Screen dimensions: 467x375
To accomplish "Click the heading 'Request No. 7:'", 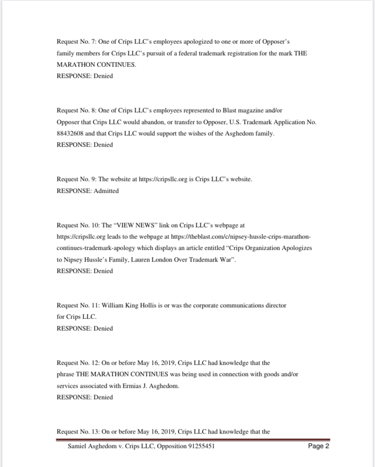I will (x=76, y=42).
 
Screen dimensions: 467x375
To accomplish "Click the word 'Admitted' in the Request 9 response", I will (x=106, y=191).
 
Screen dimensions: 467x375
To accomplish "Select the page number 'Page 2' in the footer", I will (x=318, y=446).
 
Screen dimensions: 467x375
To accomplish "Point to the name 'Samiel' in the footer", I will (x=78, y=446).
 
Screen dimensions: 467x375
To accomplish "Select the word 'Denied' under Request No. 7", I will (x=103, y=76).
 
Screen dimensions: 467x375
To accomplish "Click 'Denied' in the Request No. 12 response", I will (x=103, y=397).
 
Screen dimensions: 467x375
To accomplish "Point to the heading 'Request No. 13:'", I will (x=77, y=432).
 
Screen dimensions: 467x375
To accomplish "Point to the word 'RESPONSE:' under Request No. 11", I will (x=74, y=329).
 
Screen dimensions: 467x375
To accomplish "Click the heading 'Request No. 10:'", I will (x=77, y=225).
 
